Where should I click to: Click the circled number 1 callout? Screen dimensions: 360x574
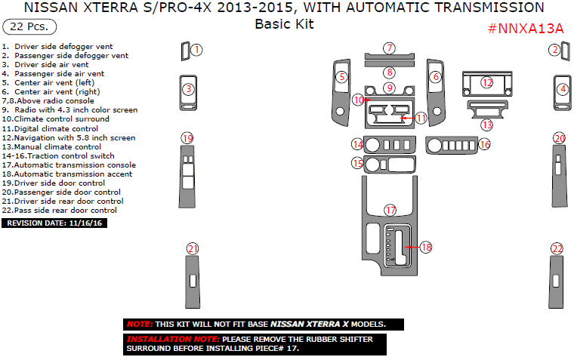click(x=196, y=50)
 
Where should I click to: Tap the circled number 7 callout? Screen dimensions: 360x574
click(x=389, y=48)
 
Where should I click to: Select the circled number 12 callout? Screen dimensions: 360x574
click(x=487, y=82)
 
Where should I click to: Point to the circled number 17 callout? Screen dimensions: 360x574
click(x=390, y=210)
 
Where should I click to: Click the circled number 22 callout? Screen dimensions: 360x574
click(x=557, y=248)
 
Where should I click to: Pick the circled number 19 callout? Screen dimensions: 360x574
click(x=187, y=137)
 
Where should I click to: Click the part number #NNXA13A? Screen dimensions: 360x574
click(x=526, y=29)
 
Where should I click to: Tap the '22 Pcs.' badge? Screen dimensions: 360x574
click(x=29, y=27)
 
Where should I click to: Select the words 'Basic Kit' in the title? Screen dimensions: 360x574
click(x=284, y=23)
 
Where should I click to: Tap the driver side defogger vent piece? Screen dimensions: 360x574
click(x=184, y=51)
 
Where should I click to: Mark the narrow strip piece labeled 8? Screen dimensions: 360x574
click(x=389, y=65)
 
